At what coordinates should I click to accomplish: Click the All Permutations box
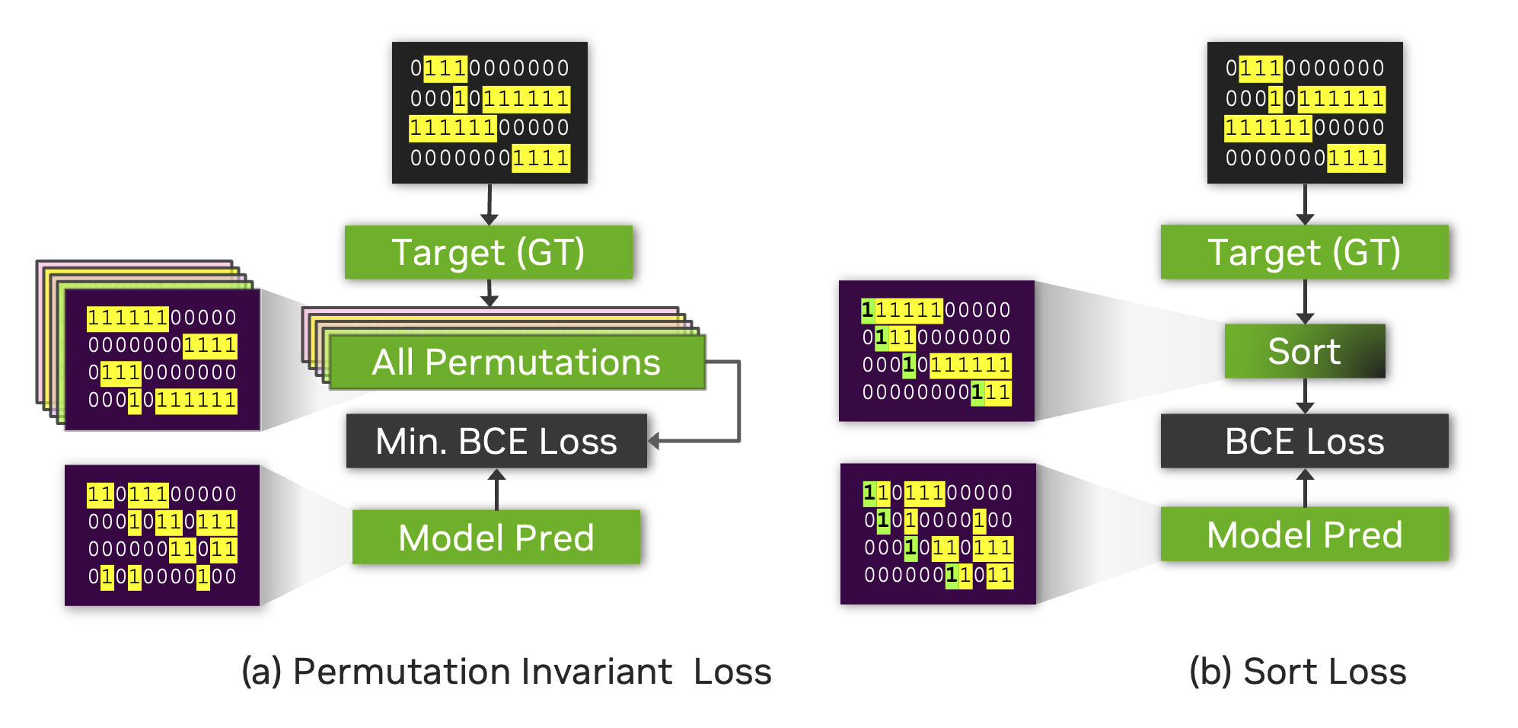(516, 362)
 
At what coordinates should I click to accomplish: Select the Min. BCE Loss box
(496, 441)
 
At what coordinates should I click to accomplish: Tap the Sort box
(1304, 351)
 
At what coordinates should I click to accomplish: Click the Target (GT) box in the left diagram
(488, 252)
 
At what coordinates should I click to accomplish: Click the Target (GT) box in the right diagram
(1304, 252)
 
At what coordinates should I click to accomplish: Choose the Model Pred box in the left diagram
(496, 538)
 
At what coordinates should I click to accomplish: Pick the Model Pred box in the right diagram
(1304, 535)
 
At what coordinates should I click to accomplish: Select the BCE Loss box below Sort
(1304, 441)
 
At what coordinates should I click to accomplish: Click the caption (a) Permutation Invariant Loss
(506, 672)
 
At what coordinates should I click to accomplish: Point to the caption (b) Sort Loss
(1297, 672)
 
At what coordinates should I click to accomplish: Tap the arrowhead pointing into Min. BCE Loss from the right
(654, 440)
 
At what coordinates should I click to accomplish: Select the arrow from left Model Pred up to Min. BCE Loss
(496, 489)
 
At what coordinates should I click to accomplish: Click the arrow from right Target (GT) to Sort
(1305, 302)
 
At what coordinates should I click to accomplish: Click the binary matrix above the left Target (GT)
(490, 113)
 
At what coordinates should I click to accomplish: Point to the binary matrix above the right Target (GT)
(1305, 113)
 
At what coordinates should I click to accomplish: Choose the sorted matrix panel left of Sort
(936, 351)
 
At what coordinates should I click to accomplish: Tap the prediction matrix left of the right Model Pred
(938, 534)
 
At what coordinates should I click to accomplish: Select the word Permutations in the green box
(542, 362)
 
